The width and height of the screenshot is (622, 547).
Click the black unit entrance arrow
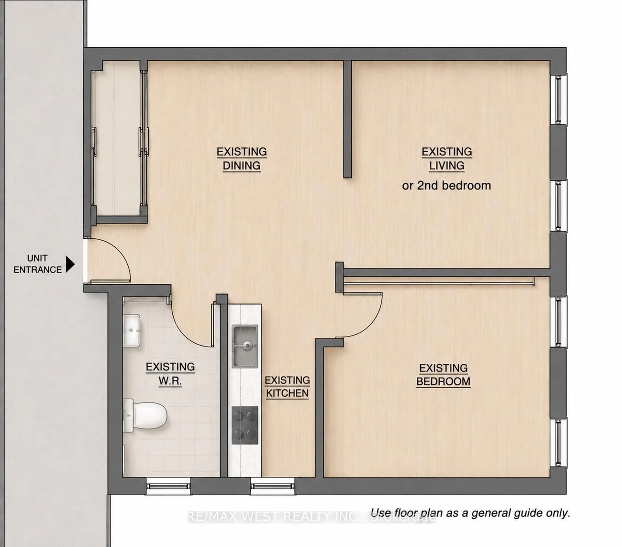click(70, 264)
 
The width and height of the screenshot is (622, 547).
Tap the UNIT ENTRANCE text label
click(37, 264)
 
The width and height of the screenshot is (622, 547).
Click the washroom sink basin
click(132, 331)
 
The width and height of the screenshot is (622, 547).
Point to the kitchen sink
click(244, 346)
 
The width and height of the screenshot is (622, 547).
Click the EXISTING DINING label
click(242, 158)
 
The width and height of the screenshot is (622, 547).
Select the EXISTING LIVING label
click(447, 158)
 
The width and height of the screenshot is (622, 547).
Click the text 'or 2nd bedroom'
click(446, 186)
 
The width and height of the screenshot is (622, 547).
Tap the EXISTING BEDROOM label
click(444, 375)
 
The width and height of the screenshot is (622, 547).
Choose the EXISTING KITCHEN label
click(287, 387)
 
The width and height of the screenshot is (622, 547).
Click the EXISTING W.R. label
click(170, 374)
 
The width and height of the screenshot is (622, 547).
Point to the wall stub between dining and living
click(347, 119)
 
